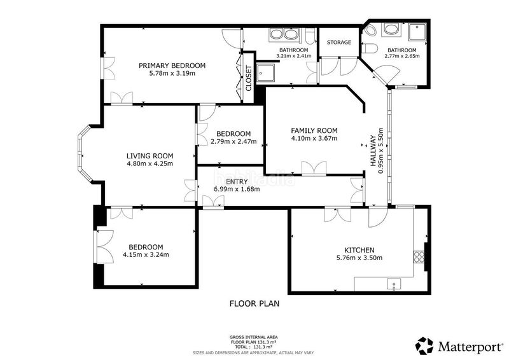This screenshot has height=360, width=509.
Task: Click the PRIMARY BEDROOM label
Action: pyautogui.click(x=172, y=66)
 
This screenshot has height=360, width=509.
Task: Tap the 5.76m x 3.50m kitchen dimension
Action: pyautogui.click(x=359, y=258)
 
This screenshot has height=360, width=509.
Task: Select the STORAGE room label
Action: pyautogui.click(x=339, y=42)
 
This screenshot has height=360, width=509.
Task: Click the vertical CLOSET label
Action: pyautogui.click(x=249, y=78)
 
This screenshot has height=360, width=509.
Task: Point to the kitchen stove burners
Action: pyautogui.click(x=419, y=257)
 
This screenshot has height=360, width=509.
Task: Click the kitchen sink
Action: pyautogui.click(x=394, y=284)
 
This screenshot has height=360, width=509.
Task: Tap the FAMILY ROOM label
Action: pyautogui.click(x=314, y=130)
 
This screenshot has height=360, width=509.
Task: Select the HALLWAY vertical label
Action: pyautogui.click(x=374, y=151)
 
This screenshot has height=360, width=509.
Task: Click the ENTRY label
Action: pyautogui.click(x=237, y=181)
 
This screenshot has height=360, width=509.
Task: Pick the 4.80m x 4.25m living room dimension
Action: pyautogui.click(x=150, y=163)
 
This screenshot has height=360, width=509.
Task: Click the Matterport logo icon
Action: pyautogui.click(x=424, y=346)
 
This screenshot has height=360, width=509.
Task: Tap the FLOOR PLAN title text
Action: pyautogui.click(x=254, y=303)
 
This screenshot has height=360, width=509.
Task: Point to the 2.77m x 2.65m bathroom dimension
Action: pyautogui.click(x=402, y=56)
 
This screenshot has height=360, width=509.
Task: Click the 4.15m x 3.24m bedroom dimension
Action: pyautogui.click(x=146, y=255)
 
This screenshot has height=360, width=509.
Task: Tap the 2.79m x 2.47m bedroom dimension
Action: pyautogui.click(x=234, y=142)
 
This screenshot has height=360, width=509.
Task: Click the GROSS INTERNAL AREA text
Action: pyautogui.click(x=253, y=337)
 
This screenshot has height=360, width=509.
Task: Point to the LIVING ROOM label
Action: pyautogui.click(x=150, y=156)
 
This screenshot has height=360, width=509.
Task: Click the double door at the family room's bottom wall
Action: pyautogui.click(x=314, y=168)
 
